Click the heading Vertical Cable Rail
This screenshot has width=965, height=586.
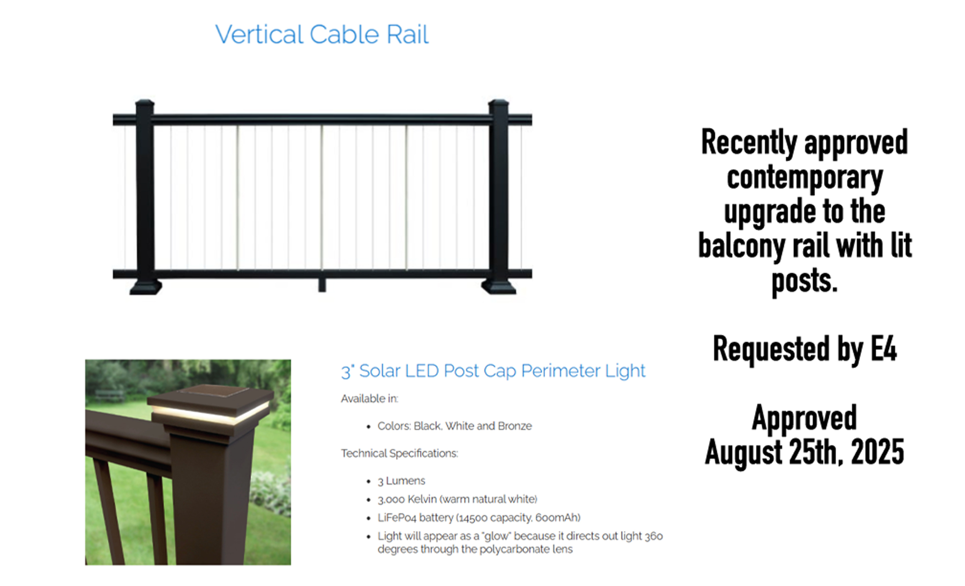(x=322, y=34)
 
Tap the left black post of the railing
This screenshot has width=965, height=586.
(x=145, y=197)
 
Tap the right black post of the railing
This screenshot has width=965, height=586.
(x=499, y=197)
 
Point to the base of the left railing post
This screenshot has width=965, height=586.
(x=146, y=287)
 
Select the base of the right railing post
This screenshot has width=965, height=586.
(x=499, y=287)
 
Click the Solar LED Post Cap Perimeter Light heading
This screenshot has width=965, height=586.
(x=493, y=371)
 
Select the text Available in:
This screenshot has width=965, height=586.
(x=369, y=398)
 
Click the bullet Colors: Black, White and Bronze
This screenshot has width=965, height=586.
(x=454, y=426)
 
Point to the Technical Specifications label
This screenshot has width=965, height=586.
(x=399, y=453)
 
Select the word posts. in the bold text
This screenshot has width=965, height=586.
(x=805, y=281)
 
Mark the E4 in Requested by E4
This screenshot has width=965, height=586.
(x=883, y=349)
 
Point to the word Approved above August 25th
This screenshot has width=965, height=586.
(x=804, y=418)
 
